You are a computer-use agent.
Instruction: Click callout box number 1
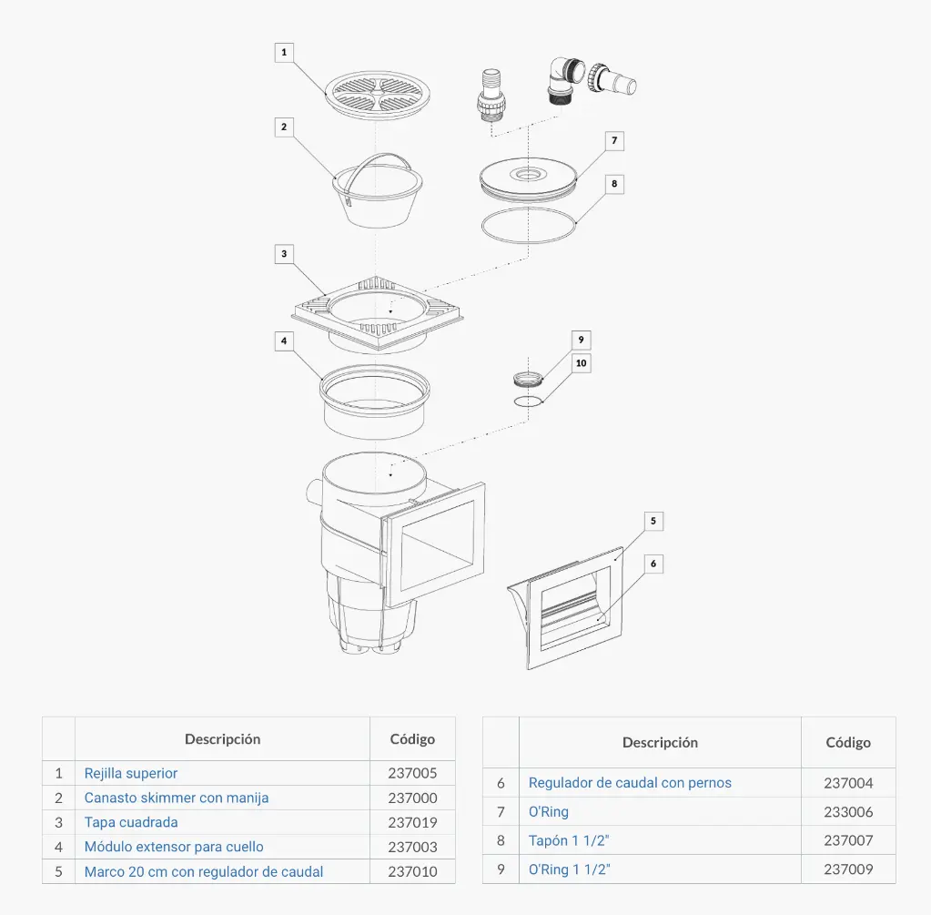click(x=284, y=52)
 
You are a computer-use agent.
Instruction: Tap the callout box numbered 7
click(x=614, y=141)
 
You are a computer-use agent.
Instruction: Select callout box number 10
click(x=582, y=362)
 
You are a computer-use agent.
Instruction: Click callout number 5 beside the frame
click(x=653, y=521)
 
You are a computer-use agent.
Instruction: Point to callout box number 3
click(x=284, y=253)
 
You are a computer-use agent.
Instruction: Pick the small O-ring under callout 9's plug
click(x=528, y=401)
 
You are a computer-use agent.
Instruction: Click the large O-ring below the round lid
click(x=529, y=225)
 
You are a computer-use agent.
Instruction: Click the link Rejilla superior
click(x=131, y=773)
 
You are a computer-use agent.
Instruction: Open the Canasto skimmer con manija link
click(x=177, y=798)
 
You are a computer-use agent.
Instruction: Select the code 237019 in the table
click(x=412, y=822)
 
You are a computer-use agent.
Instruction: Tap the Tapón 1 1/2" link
click(x=569, y=840)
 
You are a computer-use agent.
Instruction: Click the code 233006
click(x=848, y=811)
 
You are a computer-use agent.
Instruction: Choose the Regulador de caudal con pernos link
click(x=630, y=782)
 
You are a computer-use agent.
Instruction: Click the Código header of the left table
click(x=412, y=739)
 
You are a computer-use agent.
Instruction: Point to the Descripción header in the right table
click(x=660, y=742)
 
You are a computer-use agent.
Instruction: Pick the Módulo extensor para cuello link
click(x=174, y=847)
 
